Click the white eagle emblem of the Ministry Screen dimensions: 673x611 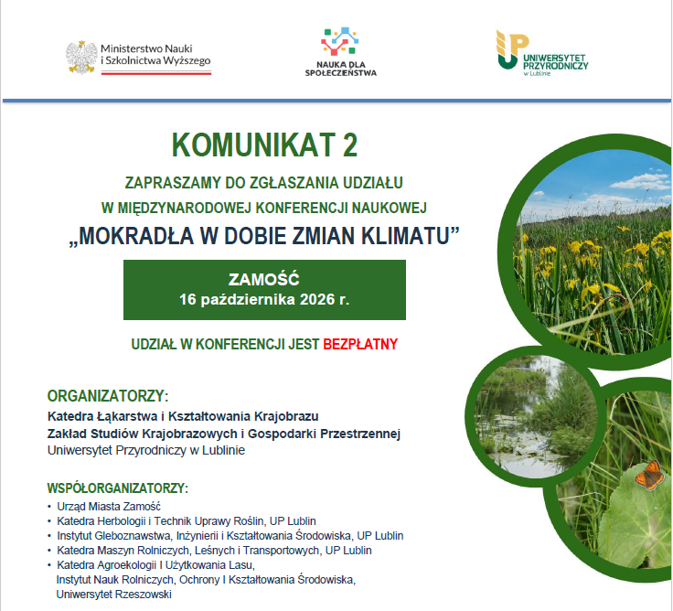pyautogui.click(x=81, y=57)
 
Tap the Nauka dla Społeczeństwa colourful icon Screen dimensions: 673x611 pyautogui.click(x=340, y=42)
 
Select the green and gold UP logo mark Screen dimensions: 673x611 pyautogui.click(x=512, y=49)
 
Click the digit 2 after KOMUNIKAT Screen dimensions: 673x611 pyautogui.click(x=350, y=145)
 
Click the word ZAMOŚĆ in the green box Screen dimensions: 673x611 pyautogui.click(x=264, y=280)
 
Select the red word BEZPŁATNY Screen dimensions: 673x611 pyautogui.click(x=360, y=344)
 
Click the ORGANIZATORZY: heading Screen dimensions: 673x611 pyautogui.click(x=108, y=396)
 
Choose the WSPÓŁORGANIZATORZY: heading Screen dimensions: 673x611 pyautogui.click(x=118, y=488)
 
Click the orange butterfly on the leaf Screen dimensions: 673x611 pyautogui.click(x=648, y=475)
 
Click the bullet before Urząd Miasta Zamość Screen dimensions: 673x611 pyautogui.click(x=49, y=507)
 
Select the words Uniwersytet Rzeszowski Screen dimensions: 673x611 pyautogui.click(x=113, y=595)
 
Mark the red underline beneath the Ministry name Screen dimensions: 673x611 pyautogui.click(x=156, y=73)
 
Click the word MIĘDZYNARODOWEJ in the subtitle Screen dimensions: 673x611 pyautogui.click(x=184, y=208)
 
